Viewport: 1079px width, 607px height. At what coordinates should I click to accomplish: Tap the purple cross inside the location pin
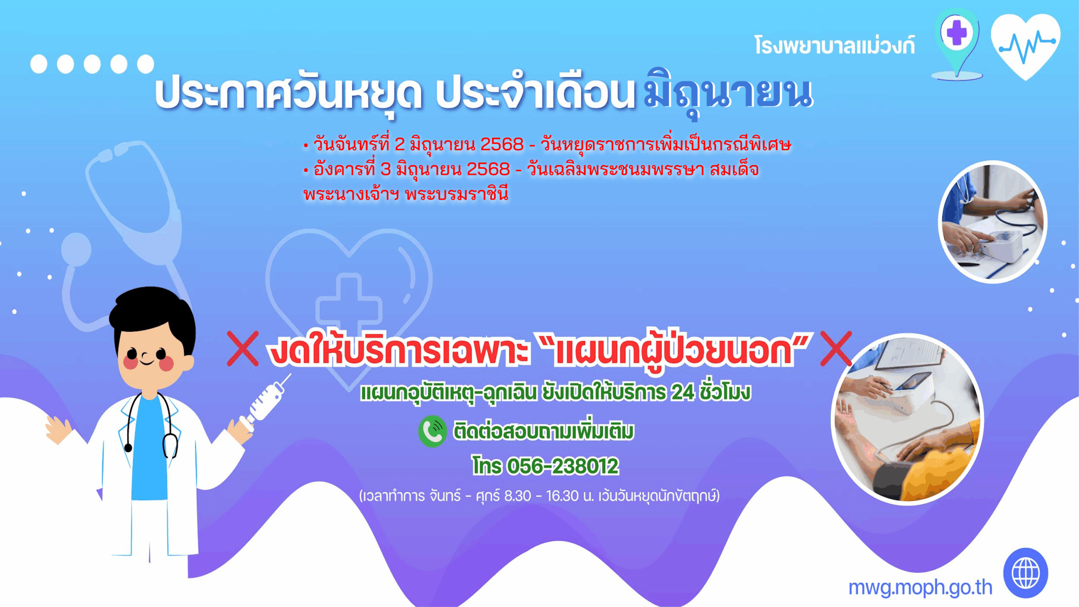(x=957, y=32)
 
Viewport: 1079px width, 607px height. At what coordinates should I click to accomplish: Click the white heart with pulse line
(x=1025, y=46)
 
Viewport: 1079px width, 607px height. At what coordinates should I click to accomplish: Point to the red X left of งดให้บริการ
(x=243, y=348)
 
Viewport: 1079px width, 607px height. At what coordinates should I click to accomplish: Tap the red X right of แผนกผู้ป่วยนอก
(x=836, y=348)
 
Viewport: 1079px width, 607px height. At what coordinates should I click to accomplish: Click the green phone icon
(x=432, y=431)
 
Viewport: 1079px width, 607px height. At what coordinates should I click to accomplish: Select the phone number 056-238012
(x=563, y=466)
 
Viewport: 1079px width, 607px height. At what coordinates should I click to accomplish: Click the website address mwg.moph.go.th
(x=920, y=587)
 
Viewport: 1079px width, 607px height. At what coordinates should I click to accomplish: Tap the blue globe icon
(x=1026, y=573)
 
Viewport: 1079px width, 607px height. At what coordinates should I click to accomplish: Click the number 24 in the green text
(x=682, y=392)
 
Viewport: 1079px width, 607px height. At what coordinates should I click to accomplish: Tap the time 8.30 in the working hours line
(x=518, y=496)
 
